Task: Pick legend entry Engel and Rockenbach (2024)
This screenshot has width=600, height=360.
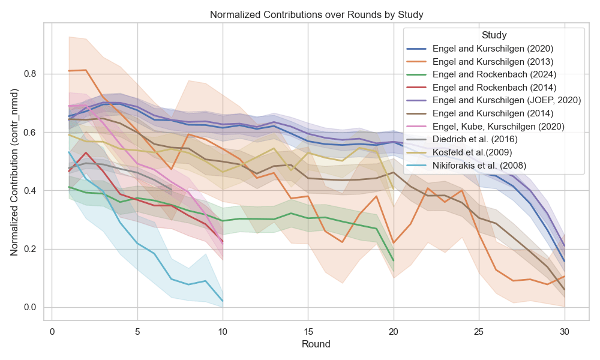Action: [x=494, y=74]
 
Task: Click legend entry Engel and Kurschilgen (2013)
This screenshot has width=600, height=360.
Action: [x=493, y=61]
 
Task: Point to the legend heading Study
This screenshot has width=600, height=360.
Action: [x=494, y=35]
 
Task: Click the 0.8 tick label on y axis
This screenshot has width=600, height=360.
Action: [x=30, y=74]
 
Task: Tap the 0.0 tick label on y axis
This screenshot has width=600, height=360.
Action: [x=30, y=308]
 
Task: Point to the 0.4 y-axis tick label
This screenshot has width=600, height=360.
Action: [x=30, y=191]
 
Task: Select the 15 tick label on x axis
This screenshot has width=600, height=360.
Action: [x=308, y=332]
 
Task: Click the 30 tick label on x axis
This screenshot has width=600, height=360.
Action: [x=565, y=332]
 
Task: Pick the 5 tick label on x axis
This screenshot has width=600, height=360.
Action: [x=137, y=332]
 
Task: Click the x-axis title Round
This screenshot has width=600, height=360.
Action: [x=316, y=345]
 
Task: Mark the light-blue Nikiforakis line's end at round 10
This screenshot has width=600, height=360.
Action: [x=223, y=301]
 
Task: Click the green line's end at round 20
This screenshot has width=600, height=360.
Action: [x=394, y=261]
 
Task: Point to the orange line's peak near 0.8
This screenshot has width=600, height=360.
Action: [x=86, y=70]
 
